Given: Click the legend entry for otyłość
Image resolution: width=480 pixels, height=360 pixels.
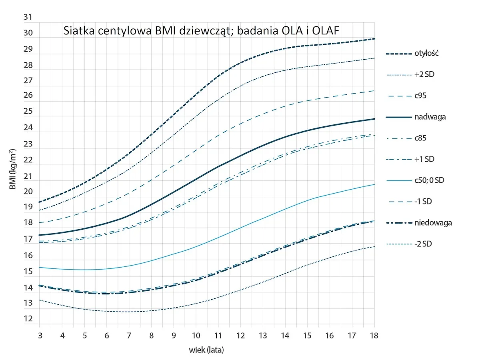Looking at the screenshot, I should [426, 54].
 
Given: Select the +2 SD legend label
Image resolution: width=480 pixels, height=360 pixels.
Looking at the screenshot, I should [424, 75].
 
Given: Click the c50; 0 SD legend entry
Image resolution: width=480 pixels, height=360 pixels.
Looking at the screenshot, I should [429, 180].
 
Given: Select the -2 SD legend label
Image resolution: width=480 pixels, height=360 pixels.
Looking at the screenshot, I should [424, 244].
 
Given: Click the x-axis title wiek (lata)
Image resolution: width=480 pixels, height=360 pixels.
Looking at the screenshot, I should [206, 350].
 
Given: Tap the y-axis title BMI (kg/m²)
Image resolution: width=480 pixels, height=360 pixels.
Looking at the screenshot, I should [13, 170].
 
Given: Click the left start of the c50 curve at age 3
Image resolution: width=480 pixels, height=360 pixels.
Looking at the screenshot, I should [40, 267].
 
